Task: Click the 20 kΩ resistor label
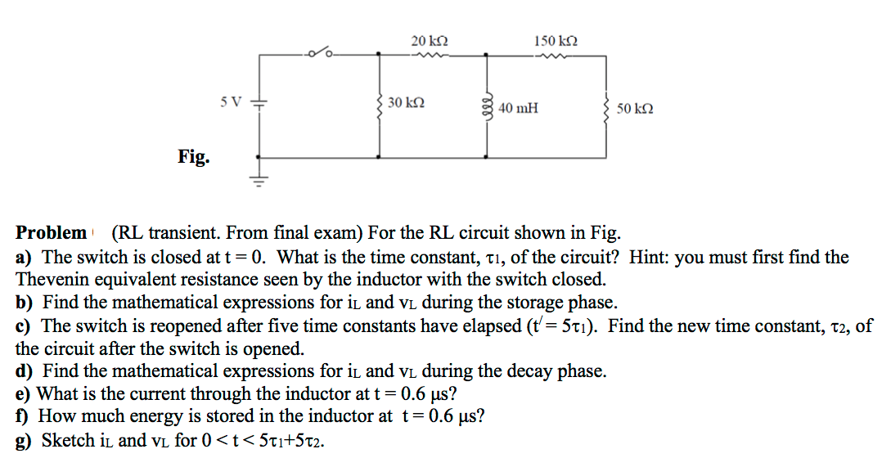point(430,40)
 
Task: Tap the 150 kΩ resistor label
point(556,40)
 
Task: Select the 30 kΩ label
point(406,103)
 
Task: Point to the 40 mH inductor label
point(518,108)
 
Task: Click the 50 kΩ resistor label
point(636,108)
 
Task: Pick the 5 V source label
point(232,102)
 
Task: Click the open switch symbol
point(320,53)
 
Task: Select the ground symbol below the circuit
point(259,179)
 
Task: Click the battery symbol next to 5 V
point(259,105)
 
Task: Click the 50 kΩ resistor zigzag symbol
point(606,106)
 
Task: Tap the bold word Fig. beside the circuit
point(193,155)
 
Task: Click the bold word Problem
point(51,232)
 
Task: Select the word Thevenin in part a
point(53,278)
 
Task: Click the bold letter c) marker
point(25,326)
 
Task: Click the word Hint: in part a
point(648,257)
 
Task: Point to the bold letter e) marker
point(25,394)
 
